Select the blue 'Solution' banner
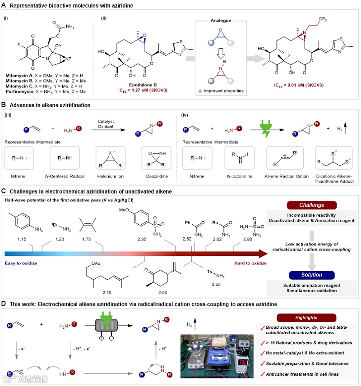coord(312,274)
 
